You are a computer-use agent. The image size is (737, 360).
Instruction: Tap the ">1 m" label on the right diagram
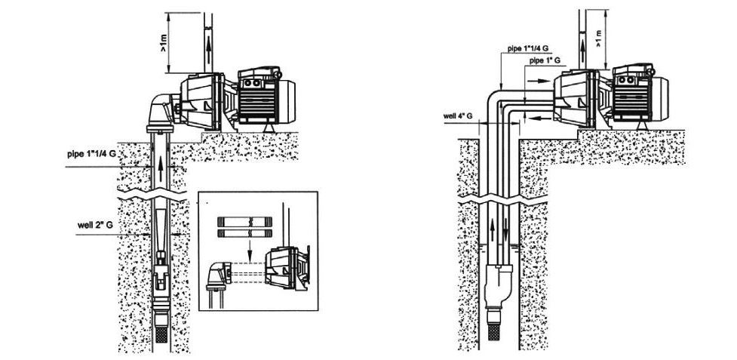[598, 38]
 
